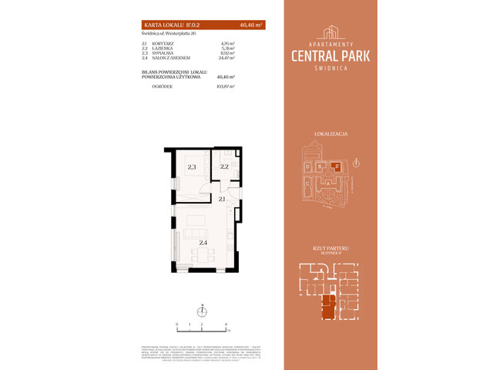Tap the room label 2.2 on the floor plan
coord(224,166)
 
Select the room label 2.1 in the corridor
coord(221,200)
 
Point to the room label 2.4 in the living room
coord(203,243)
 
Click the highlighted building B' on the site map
coord(335,164)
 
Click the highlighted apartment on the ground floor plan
coord(330,308)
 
